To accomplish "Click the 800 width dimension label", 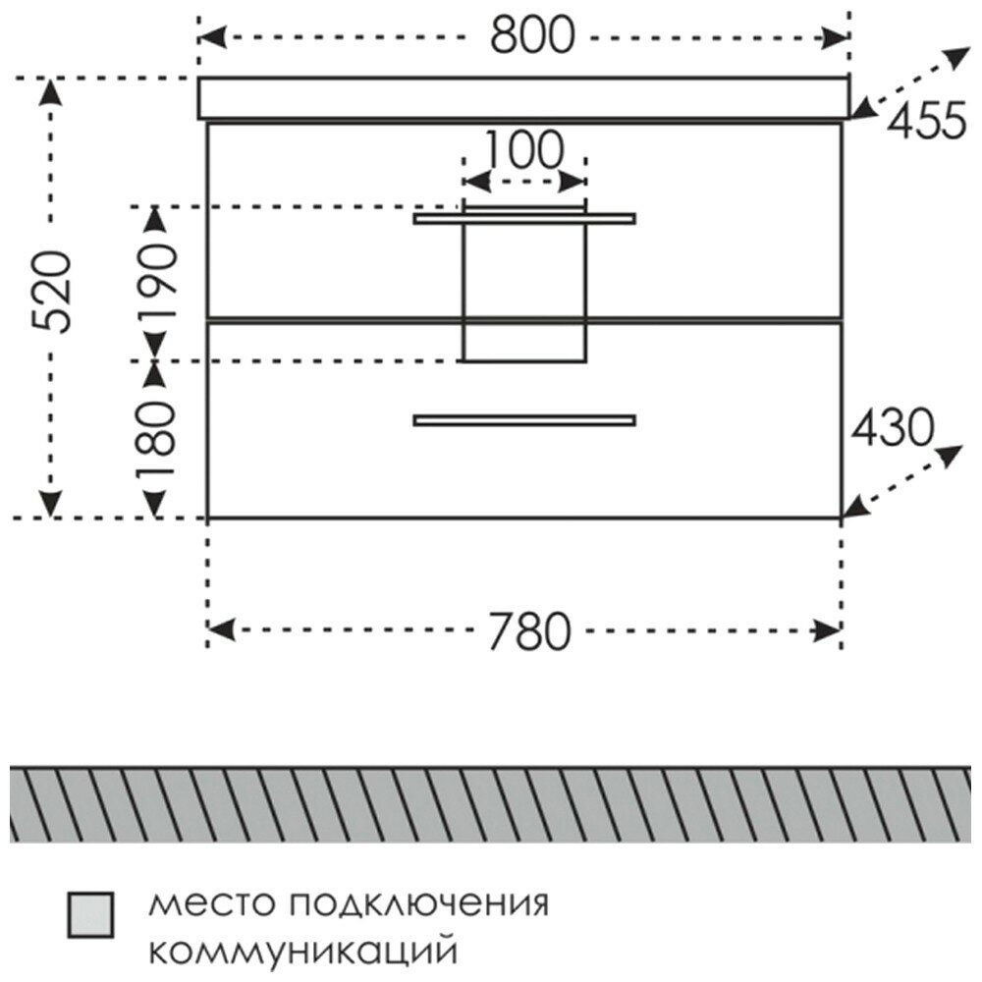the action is pos(530,37).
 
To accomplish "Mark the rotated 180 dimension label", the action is pos(156,438).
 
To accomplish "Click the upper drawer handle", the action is pos(524,219).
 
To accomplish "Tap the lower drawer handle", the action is pos(524,420).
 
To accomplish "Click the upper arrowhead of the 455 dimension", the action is pos(955,56).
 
